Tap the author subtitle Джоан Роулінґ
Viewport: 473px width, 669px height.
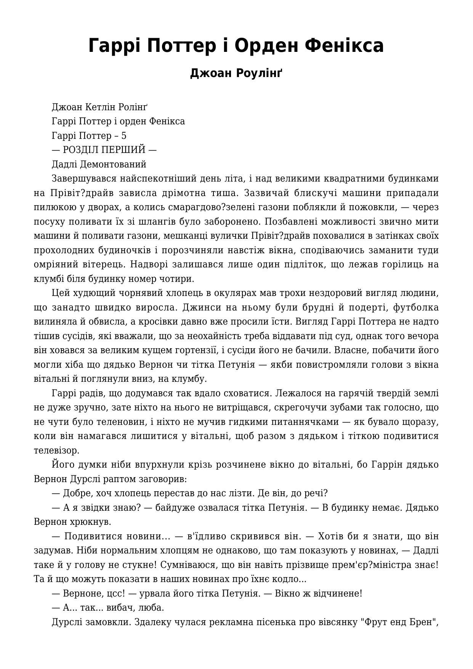[236, 73]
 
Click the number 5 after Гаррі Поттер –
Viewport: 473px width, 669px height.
[123, 135]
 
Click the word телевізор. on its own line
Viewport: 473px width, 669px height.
[57, 450]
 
